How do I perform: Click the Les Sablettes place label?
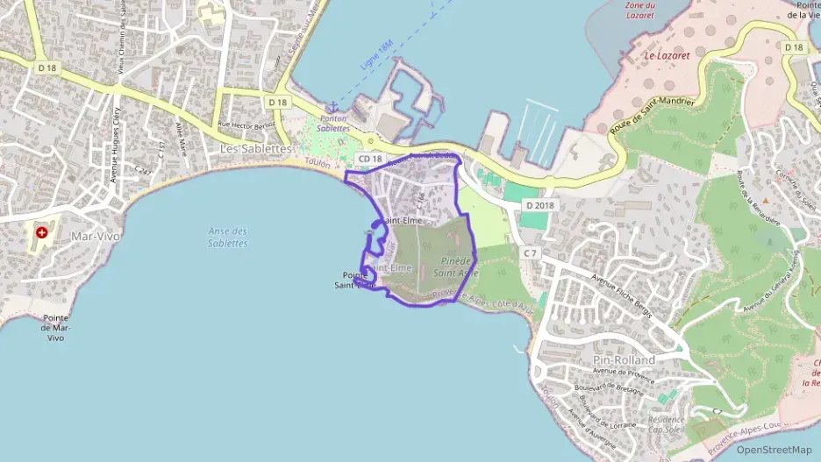pos(255,150)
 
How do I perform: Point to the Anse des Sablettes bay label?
pos(228,238)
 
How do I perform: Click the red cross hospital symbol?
pos(41,234)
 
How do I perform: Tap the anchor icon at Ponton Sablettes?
pos(332,107)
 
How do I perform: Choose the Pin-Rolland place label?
pos(625,360)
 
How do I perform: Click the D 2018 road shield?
pos(540,205)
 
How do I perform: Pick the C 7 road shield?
pos(529,252)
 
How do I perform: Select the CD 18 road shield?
pos(370,158)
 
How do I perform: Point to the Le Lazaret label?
pos(663,55)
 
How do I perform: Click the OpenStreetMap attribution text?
pos(774,450)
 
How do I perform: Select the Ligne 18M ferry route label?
pos(375,56)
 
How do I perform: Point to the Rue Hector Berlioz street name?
pos(246,124)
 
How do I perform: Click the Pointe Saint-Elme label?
pos(355,280)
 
